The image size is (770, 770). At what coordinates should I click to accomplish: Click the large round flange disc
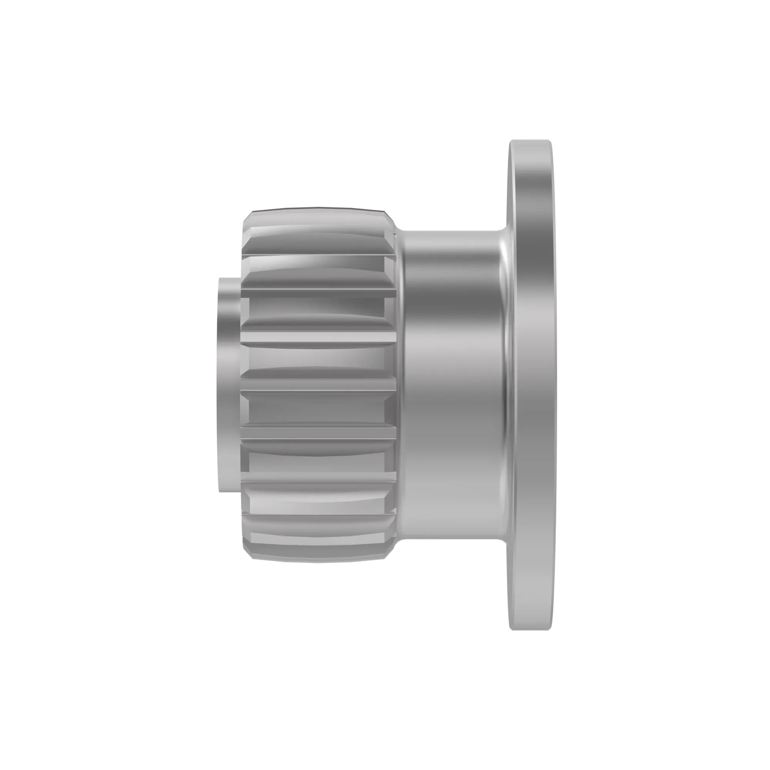coord(532,385)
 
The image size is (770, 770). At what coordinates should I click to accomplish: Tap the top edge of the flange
coord(530,141)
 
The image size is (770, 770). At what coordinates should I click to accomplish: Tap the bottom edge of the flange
coord(530,629)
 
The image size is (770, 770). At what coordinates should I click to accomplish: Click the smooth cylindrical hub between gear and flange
coord(450,385)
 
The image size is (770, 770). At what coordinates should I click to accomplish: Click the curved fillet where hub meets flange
coord(505,385)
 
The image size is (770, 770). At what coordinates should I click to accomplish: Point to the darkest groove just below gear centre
coord(317,410)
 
